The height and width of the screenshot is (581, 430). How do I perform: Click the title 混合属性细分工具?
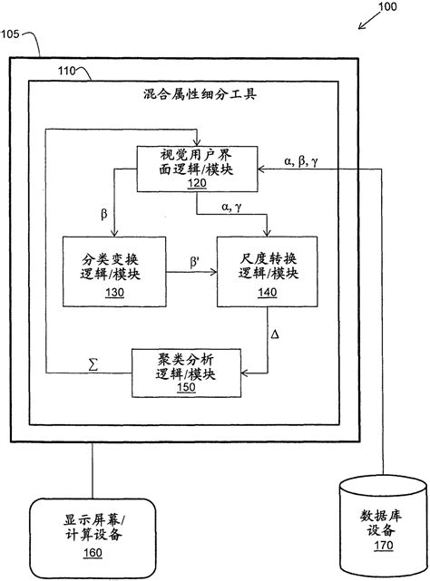pyautogui.click(x=200, y=93)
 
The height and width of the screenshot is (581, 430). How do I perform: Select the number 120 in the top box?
pyautogui.click(x=196, y=183)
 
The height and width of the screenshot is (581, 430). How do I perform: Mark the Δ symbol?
pyautogui.click(x=276, y=336)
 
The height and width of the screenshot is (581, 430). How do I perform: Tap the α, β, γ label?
pyautogui.click(x=299, y=161)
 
